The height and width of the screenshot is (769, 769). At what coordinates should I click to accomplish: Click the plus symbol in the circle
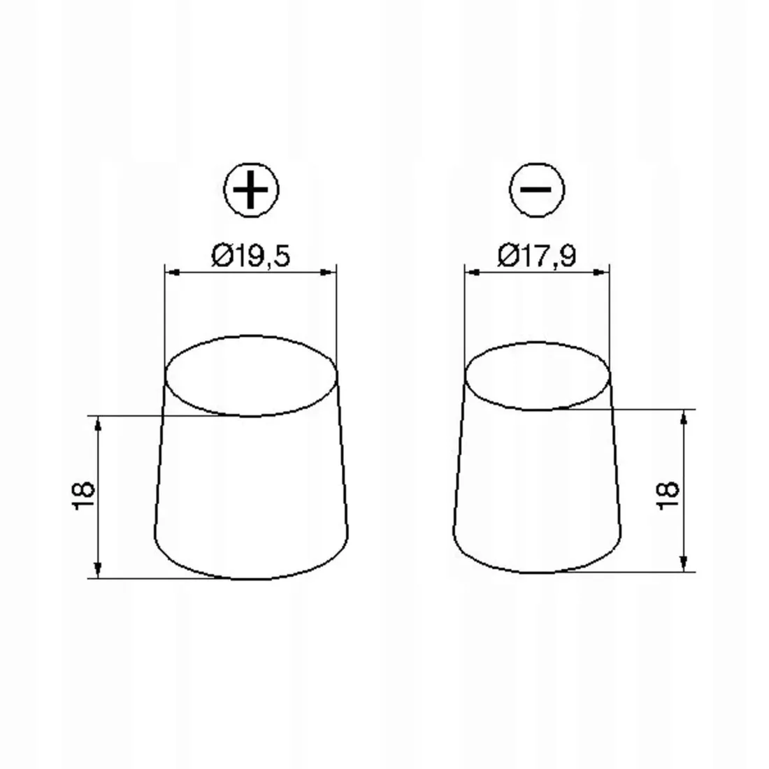(x=250, y=189)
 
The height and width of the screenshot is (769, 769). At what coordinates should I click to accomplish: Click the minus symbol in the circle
(x=536, y=189)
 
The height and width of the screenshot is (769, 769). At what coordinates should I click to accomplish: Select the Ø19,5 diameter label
(x=250, y=255)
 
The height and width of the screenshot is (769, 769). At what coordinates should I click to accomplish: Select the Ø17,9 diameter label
(x=536, y=255)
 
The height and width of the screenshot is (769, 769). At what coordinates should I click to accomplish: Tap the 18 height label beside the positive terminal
(x=83, y=496)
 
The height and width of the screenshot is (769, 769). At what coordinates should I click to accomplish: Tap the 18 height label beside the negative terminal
(x=668, y=496)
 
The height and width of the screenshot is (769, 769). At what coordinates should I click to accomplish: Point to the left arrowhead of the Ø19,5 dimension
(x=172, y=272)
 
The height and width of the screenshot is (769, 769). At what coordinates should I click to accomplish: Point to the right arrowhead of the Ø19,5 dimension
(x=329, y=272)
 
